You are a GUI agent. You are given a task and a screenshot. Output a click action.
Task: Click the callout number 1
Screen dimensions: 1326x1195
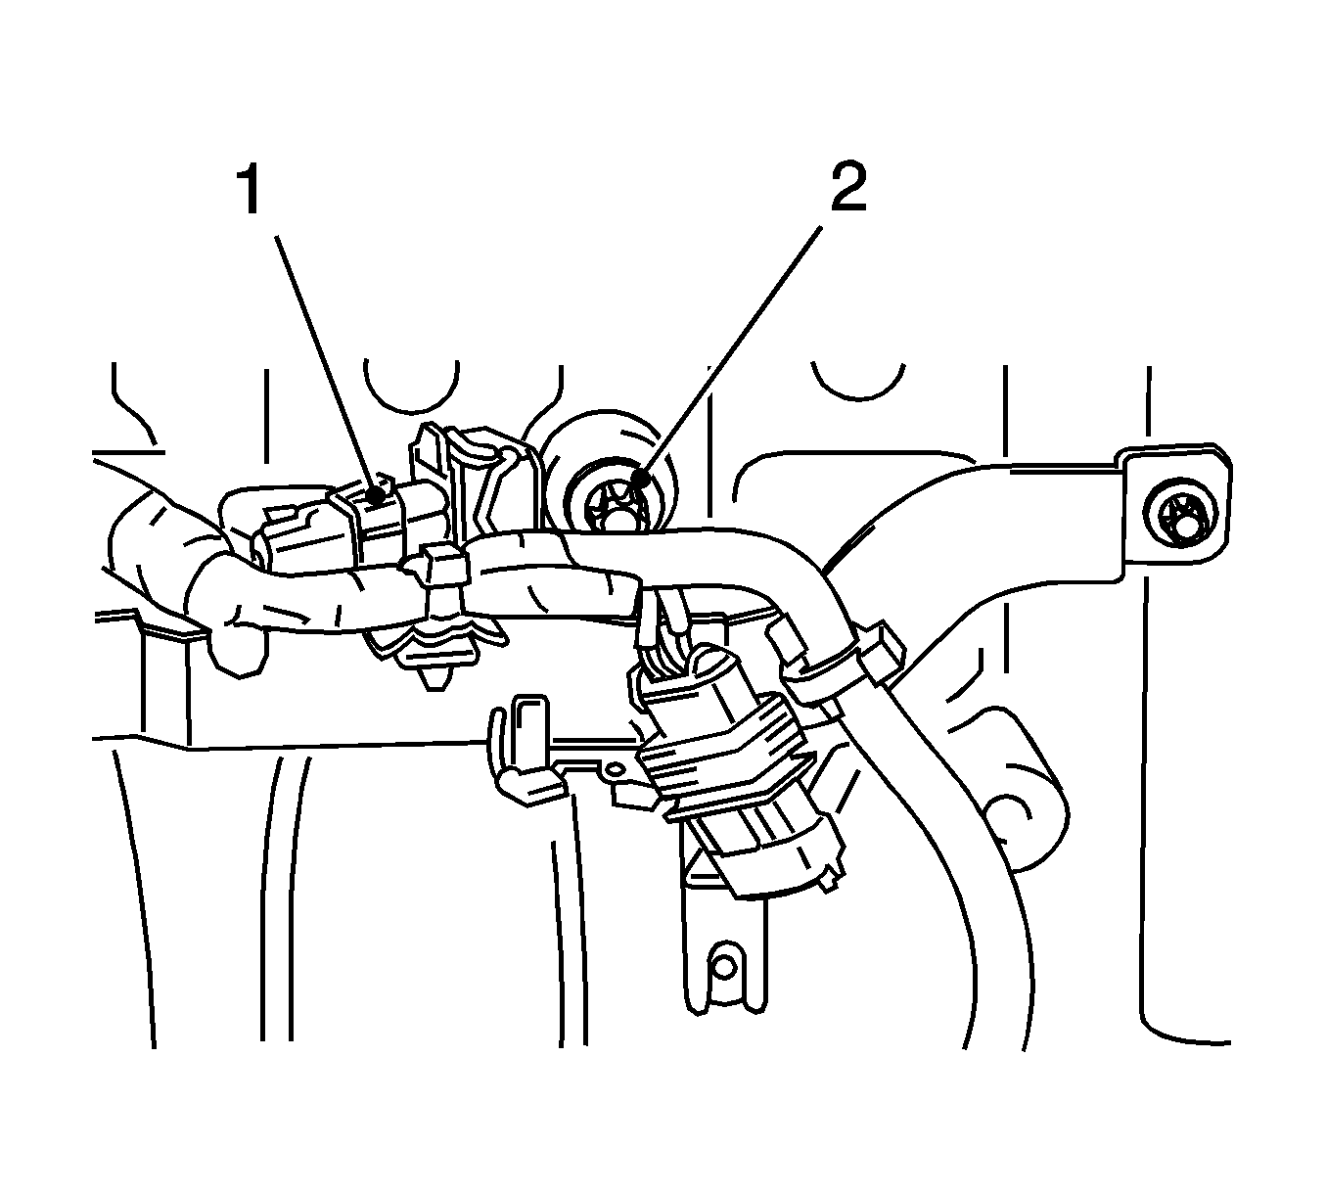[250, 190]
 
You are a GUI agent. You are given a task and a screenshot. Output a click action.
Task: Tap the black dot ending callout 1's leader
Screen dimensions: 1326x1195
[378, 492]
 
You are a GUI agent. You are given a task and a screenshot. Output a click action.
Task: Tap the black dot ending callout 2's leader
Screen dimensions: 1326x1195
[640, 477]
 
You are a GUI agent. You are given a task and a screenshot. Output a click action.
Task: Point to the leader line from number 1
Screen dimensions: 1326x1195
[327, 364]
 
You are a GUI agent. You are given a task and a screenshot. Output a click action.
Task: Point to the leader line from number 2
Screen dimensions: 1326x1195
[730, 351]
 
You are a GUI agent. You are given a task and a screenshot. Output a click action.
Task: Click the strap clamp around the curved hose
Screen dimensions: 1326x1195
[843, 655]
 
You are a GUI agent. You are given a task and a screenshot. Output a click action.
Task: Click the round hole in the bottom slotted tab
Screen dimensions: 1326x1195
[724, 968]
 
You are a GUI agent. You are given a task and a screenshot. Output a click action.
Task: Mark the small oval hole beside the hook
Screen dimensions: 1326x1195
[616, 767]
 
